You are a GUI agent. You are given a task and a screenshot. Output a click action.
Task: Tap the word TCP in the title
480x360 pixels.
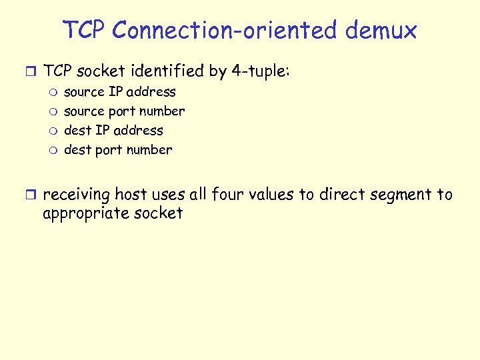click(85, 30)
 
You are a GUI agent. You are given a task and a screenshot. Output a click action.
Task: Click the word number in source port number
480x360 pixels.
click(163, 111)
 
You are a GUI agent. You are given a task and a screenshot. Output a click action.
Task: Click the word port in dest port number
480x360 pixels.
click(109, 150)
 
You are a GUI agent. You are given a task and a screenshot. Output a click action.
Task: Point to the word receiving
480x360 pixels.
click(76, 195)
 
